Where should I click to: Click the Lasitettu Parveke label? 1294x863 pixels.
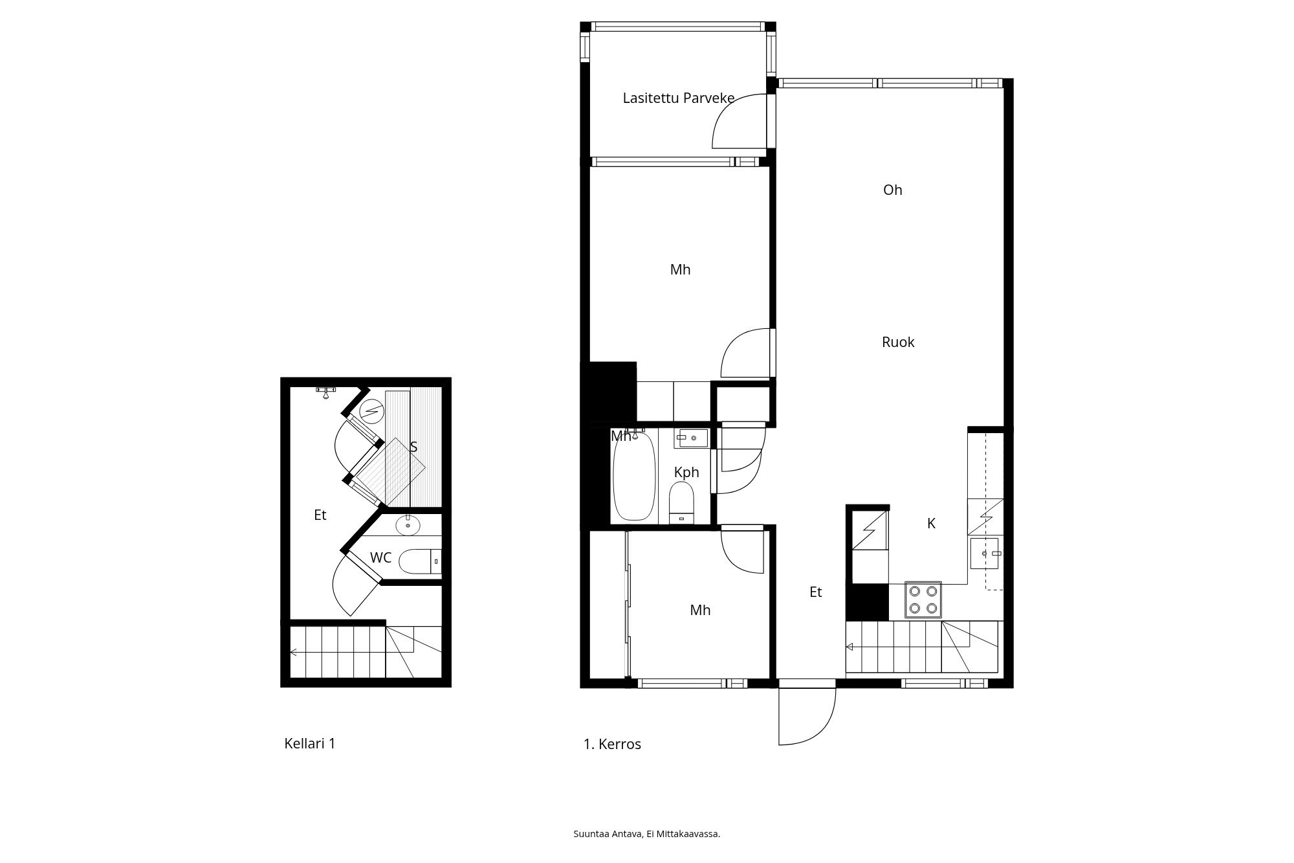pos(678,98)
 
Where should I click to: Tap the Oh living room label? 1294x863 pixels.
pos(893,190)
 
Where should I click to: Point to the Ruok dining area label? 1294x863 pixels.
pos(898,342)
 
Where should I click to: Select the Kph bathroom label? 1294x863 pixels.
pos(686,472)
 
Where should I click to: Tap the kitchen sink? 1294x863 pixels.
pos(985,554)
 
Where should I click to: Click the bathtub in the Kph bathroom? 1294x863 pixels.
pos(634,476)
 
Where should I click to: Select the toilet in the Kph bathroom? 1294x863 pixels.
pos(681,502)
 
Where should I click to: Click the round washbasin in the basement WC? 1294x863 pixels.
pos(408,525)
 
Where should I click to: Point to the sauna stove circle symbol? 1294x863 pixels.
pos(371,410)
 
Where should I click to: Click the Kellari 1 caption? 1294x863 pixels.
pos(310,743)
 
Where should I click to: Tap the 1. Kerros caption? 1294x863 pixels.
pos(612,745)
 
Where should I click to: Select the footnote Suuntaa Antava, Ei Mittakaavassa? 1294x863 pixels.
pos(647,834)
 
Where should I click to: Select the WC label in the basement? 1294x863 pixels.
pos(380,557)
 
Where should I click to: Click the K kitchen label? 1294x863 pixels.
pos(932,524)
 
